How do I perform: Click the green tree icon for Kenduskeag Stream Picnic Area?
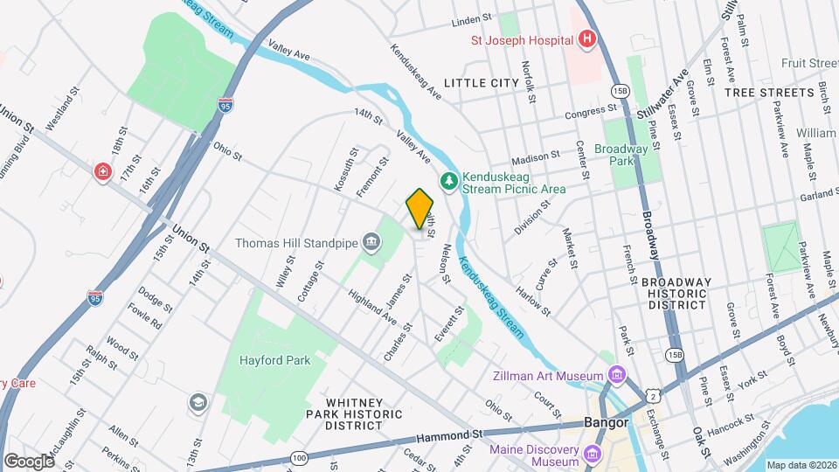[449, 181]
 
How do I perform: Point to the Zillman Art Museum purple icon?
[619, 374]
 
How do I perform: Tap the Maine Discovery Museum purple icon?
[593, 454]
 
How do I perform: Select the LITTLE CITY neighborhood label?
[482, 82]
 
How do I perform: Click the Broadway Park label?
[621, 155]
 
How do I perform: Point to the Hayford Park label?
[270, 359]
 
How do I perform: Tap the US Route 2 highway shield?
[652, 396]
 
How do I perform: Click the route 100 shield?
[300, 457]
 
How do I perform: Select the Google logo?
[29, 460]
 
